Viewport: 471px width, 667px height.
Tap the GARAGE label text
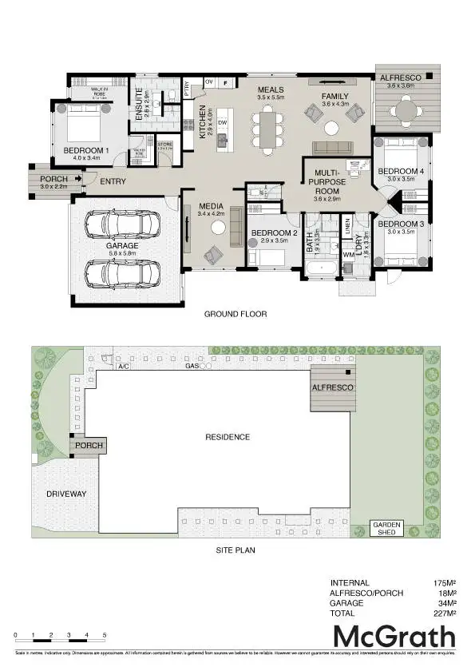pos(123,246)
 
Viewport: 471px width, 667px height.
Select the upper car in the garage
pos(123,224)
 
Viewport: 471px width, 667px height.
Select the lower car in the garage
pos(123,274)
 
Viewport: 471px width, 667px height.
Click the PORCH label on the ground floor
pos(54,179)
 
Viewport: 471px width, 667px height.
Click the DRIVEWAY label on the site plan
pos(66,494)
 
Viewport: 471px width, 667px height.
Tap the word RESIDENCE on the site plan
pos(228,437)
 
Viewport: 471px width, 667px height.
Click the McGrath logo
pos(394,637)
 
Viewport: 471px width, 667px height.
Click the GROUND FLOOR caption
pos(235,314)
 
